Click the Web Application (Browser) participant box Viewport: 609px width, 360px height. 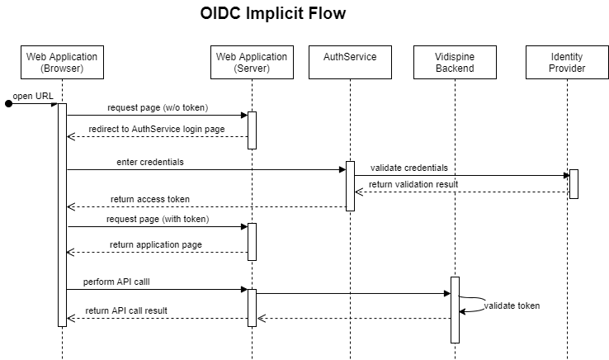[62, 62]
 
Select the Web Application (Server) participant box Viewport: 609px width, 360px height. [252, 62]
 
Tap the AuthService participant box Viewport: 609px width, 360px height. [350, 62]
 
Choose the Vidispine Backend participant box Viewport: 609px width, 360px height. [455, 62]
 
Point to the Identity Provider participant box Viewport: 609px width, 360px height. [567, 62]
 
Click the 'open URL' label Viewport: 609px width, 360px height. [34, 97]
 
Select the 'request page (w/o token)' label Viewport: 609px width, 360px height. [158, 108]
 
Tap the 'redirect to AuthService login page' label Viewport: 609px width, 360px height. [157, 130]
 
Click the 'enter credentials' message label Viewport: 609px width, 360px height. [150, 162]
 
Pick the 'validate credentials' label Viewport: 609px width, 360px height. [409, 168]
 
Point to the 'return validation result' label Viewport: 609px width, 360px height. [413, 185]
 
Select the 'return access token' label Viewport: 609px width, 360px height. [150, 199]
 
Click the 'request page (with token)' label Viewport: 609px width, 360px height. [158, 220]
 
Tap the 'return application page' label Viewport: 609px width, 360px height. [156, 245]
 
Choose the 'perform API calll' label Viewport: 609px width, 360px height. [117, 282]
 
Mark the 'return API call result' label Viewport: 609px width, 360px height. [128, 311]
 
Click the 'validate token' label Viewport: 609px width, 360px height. [512, 306]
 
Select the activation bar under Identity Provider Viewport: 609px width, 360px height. [574, 184]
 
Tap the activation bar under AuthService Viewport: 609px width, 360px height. [350, 186]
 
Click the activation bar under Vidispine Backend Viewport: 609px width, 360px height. [455, 310]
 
